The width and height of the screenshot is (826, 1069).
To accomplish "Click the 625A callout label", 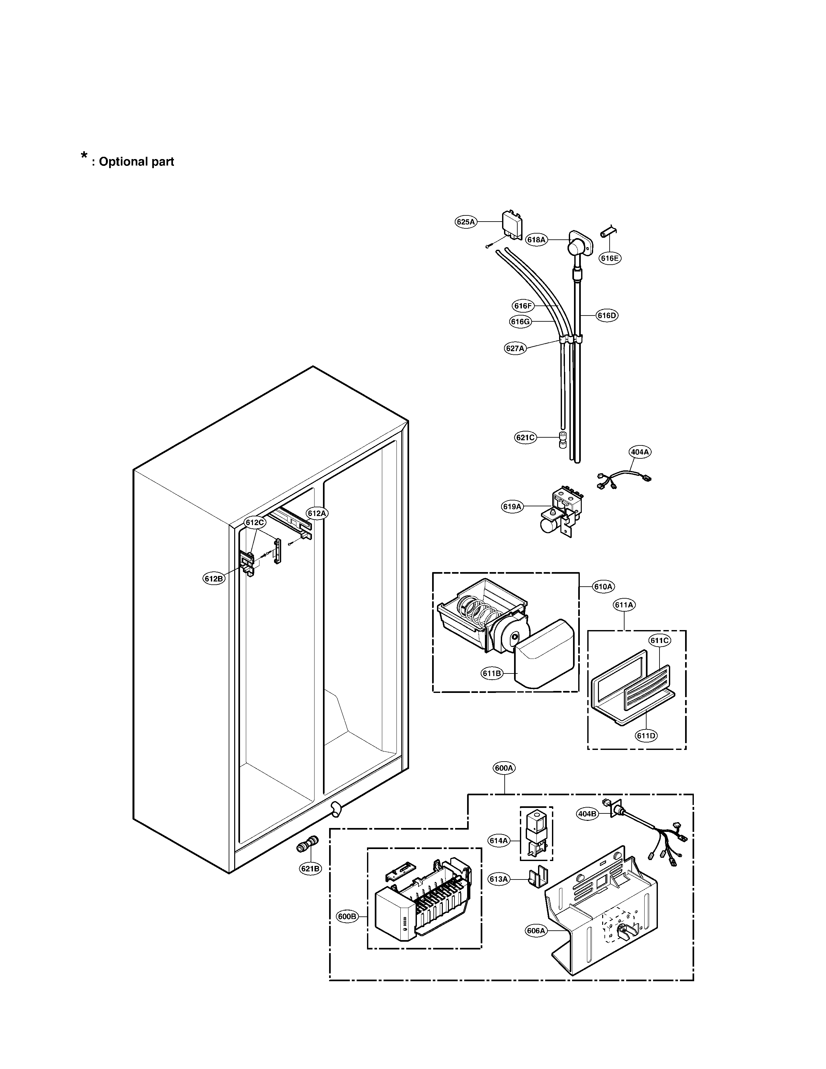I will click(x=465, y=222).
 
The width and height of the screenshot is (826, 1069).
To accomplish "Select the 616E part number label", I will click(x=610, y=259).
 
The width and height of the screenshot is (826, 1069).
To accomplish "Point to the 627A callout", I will click(x=515, y=349).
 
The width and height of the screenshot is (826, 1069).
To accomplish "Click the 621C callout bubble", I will click(x=525, y=438).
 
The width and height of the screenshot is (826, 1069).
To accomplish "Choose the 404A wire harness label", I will click(x=639, y=452).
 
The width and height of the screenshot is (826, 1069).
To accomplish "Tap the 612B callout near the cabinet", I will click(x=214, y=579).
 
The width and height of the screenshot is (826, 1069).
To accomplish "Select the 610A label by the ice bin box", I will click(x=603, y=586).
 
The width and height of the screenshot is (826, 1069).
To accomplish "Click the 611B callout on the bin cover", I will click(x=491, y=673).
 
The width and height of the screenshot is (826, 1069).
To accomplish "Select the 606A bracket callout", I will click(x=536, y=931).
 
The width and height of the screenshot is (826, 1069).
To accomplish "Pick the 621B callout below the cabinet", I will click(x=310, y=869).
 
